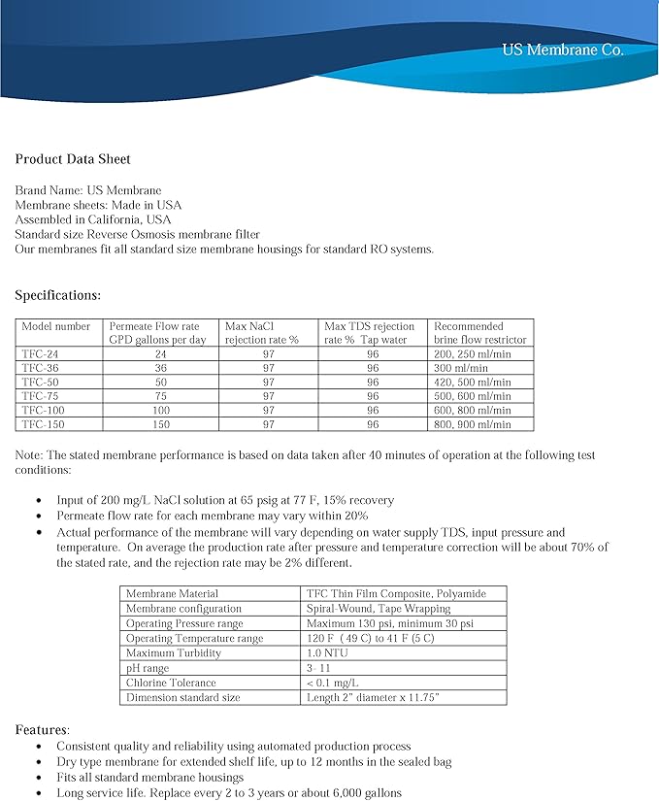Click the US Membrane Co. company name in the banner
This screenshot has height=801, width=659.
[562, 50]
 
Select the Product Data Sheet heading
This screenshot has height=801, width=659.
[73, 159]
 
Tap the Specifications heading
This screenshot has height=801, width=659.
[57, 294]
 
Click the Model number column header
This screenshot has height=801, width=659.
[56, 326]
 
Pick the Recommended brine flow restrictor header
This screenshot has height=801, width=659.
[479, 333]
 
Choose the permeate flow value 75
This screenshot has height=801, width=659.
[161, 396]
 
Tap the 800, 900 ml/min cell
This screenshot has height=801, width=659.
[472, 424]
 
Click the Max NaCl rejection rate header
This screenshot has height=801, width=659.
[261, 333]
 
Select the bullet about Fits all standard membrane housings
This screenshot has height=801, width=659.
[149, 777]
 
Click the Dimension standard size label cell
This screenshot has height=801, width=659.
[182, 697]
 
